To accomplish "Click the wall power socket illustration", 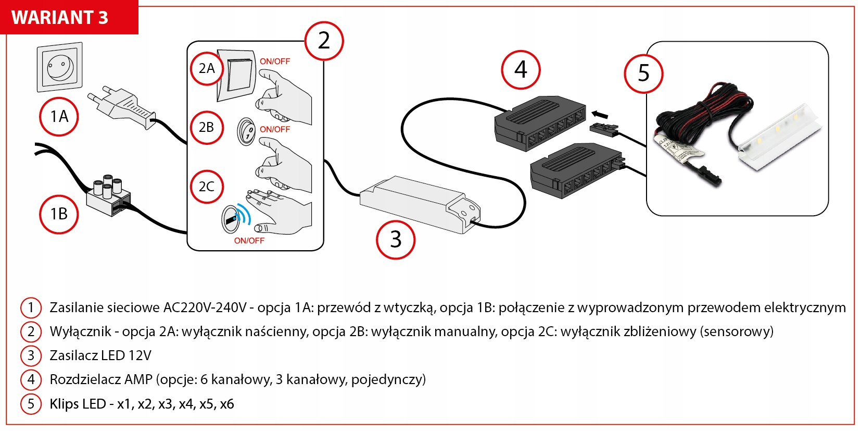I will click(x=59, y=67).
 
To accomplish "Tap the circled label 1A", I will click(x=59, y=117).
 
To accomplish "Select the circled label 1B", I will click(x=59, y=214).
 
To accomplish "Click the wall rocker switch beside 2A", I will click(x=237, y=75).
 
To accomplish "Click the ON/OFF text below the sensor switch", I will click(x=249, y=241).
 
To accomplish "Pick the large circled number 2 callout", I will click(x=324, y=41).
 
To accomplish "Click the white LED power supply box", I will click(x=420, y=203).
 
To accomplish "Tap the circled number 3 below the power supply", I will click(x=396, y=240).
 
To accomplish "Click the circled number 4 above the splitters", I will click(x=521, y=70).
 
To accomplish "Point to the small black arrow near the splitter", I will click(x=600, y=114).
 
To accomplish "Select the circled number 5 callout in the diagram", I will click(x=643, y=73).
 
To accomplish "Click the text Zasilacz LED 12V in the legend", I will click(x=100, y=355).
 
